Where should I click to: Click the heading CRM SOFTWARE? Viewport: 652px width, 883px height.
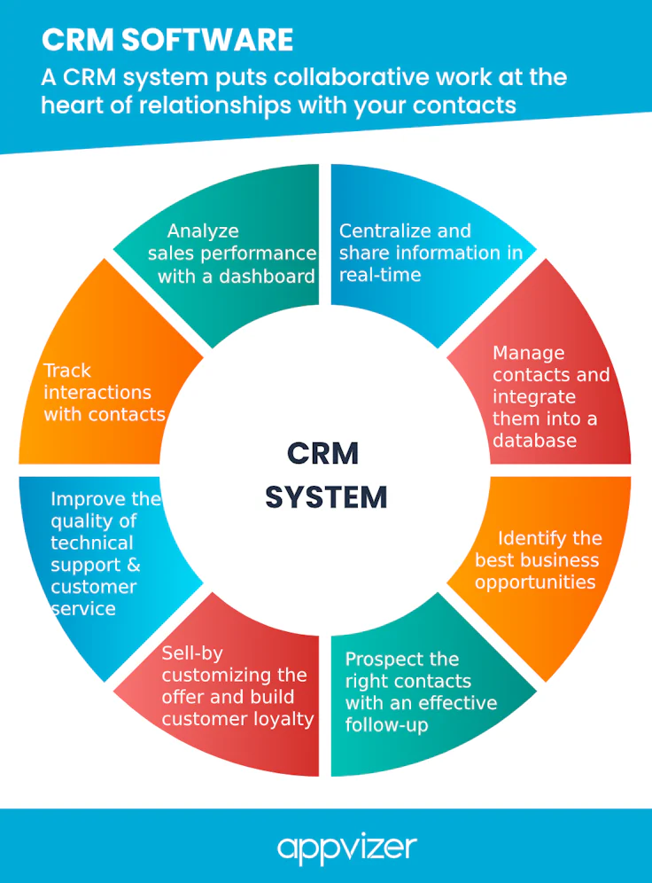click(167, 40)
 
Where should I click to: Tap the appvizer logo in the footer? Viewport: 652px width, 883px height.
click(347, 847)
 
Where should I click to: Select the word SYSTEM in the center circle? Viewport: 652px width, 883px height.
click(326, 496)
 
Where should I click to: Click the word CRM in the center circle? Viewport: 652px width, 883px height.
click(323, 453)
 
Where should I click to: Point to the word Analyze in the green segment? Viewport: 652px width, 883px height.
click(203, 231)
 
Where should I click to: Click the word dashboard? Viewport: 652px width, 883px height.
click(269, 276)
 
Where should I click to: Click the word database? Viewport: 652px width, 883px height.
click(535, 441)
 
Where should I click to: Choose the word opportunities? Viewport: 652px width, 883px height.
click(535, 582)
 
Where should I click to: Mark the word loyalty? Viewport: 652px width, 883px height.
click(284, 719)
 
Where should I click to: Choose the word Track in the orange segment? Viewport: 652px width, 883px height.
click(67, 371)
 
